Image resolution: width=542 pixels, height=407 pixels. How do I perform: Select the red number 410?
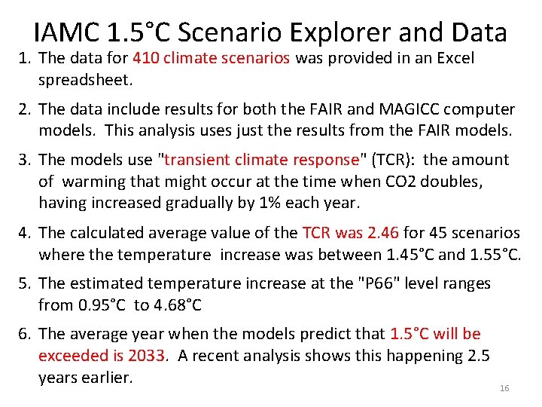pyautogui.click(x=145, y=58)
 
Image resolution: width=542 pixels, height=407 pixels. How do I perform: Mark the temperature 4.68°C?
pyautogui.click(x=178, y=305)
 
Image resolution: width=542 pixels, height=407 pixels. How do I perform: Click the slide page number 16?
pyautogui.click(x=504, y=388)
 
